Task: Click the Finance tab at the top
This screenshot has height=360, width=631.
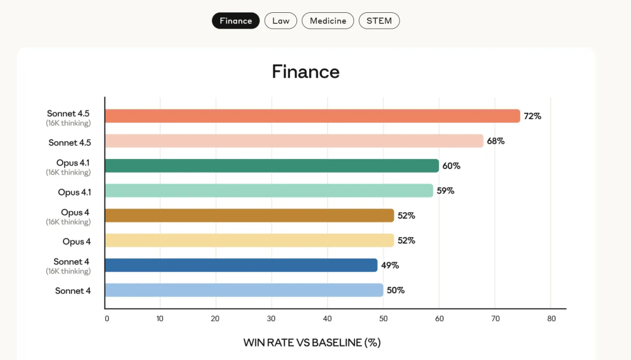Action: click(x=235, y=21)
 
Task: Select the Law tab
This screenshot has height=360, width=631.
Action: click(x=281, y=21)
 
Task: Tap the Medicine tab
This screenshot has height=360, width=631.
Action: click(x=328, y=21)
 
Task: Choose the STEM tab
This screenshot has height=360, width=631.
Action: click(x=379, y=21)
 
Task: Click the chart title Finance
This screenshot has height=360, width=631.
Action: click(x=306, y=72)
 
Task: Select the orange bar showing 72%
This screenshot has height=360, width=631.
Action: click(x=313, y=116)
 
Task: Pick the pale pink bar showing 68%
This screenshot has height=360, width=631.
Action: click(x=294, y=141)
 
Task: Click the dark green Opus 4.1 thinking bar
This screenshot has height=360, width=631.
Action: click(x=272, y=166)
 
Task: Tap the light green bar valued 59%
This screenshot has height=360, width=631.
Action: click(x=269, y=191)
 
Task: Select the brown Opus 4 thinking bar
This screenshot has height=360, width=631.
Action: click(x=250, y=216)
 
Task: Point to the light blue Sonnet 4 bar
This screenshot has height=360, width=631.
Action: click(x=244, y=290)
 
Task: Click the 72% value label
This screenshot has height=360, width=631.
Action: click(x=532, y=116)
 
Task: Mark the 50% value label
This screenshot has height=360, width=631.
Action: click(x=396, y=290)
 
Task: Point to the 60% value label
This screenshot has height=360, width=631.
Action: click(x=451, y=166)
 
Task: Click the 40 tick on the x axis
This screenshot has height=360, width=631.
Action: click(x=327, y=319)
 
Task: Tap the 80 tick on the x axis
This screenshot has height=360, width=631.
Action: click(x=551, y=319)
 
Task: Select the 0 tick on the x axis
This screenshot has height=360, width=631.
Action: click(x=107, y=319)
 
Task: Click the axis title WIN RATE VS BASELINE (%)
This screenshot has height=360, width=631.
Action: click(x=312, y=342)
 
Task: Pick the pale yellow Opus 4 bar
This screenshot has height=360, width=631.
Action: click(x=250, y=240)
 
